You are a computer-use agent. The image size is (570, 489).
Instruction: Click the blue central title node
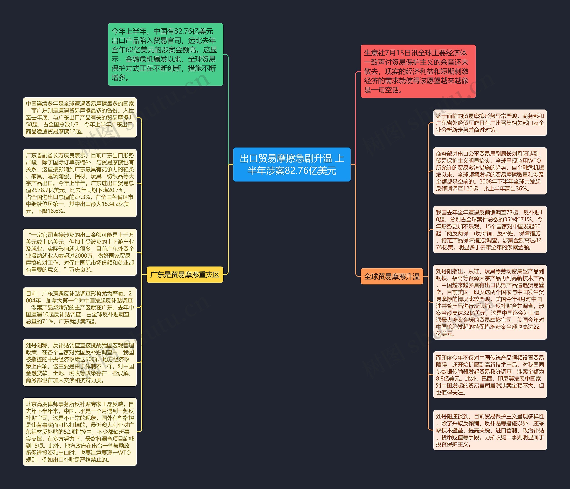[x=292, y=164]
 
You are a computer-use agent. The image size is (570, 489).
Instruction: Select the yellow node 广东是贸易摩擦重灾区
[x=185, y=274]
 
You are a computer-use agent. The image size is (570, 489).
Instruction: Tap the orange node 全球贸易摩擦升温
[x=392, y=276]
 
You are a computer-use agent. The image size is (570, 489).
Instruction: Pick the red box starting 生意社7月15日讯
[x=418, y=71]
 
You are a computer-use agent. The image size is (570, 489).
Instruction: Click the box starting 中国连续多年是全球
[x=80, y=117]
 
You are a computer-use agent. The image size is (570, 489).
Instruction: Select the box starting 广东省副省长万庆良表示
[x=80, y=183]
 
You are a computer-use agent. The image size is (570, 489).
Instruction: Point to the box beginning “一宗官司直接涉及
[x=80, y=252]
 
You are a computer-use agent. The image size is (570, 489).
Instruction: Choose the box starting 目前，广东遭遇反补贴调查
[x=80, y=307]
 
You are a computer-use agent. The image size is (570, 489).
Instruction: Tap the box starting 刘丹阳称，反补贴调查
[x=80, y=363]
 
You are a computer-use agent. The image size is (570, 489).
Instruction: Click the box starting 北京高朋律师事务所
[x=80, y=432]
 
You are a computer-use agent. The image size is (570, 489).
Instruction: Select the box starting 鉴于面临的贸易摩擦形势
[x=490, y=123]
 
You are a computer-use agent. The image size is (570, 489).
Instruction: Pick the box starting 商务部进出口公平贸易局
[x=490, y=171]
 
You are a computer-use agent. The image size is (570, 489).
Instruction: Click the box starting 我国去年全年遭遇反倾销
[x=490, y=230]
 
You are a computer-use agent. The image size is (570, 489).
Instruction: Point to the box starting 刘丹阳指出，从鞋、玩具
[x=490, y=302]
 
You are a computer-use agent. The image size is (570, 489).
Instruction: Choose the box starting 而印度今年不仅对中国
[x=490, y=375]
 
